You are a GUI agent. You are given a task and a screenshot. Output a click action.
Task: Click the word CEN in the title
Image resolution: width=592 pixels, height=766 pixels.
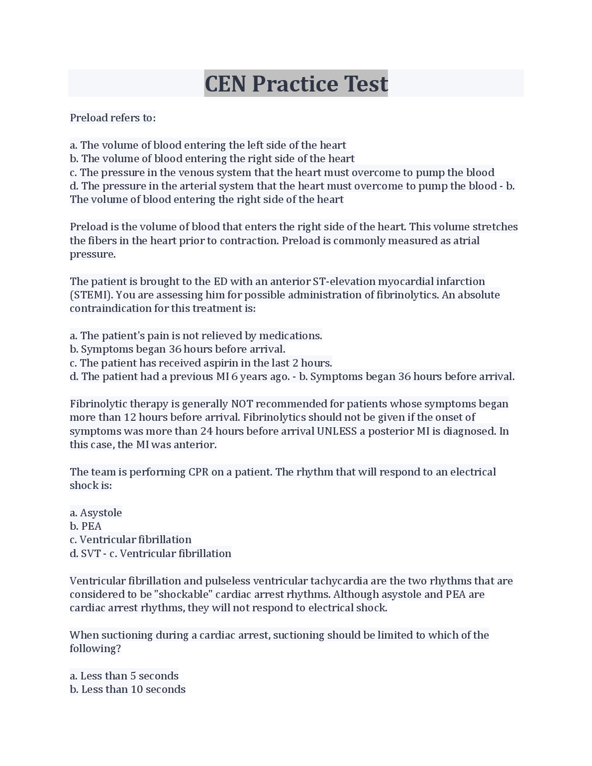[225, 84]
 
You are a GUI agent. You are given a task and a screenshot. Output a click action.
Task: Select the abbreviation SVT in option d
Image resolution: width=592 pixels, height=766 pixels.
[91, 554]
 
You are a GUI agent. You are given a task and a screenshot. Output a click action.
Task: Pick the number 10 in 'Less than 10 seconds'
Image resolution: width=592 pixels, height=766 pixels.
[136, 689]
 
